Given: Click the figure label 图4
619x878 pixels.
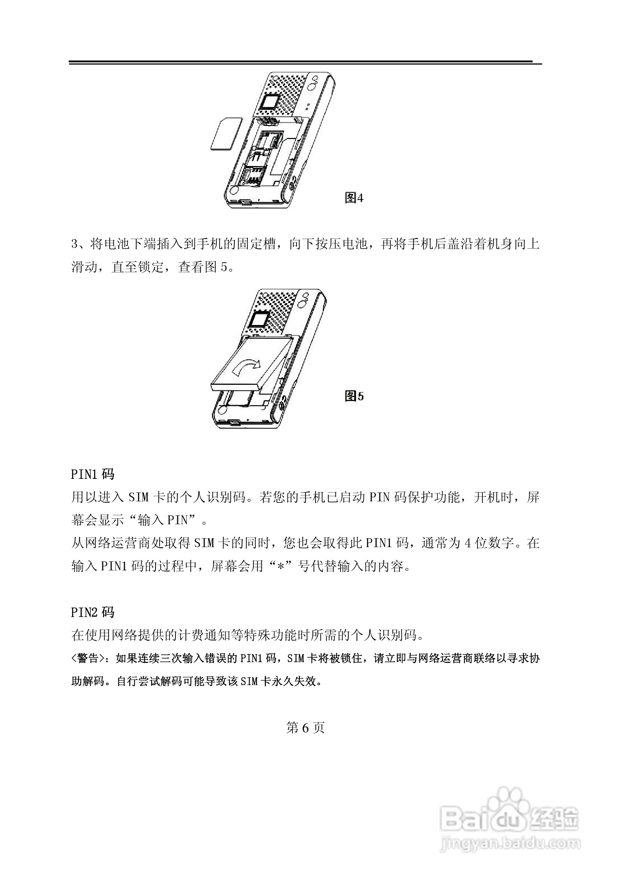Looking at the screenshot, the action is coord(354,198).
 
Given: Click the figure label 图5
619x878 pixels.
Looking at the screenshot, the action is coord(354,396).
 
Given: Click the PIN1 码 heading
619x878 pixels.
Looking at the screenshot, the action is coord(93,474).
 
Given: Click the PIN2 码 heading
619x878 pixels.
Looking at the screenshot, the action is coord(93,612).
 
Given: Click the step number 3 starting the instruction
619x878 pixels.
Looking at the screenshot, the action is coord(75,244).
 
